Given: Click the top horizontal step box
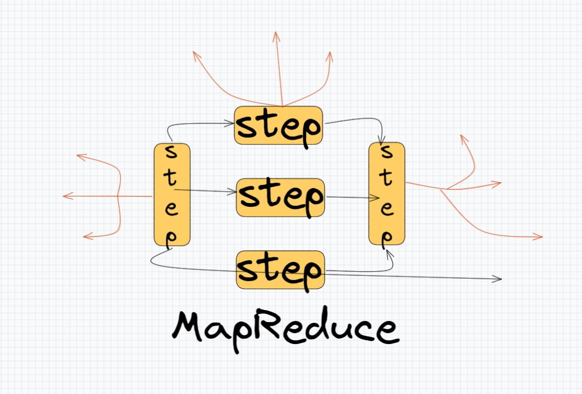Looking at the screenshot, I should click(x=278, y=126).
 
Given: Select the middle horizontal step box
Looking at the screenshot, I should click(x=280, y=197).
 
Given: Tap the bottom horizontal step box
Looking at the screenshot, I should click(x=280, y=269).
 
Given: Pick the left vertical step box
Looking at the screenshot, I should click(x=172, y=194).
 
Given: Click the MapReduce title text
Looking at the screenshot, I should click(x=284, y=328).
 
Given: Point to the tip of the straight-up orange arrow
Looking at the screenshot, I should click(x=276, y=32).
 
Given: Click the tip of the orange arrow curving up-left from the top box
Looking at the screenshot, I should click(x=194, y=52).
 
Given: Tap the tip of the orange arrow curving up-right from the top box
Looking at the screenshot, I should click(x=330, y=52).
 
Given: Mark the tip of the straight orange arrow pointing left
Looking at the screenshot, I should click(x=64, y=196).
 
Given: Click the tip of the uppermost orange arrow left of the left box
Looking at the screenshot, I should click(x=77, y=156).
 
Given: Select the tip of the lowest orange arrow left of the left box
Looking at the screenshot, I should click(x=84, y=237).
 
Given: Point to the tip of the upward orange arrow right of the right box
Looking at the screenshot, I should click(x=462, y=136).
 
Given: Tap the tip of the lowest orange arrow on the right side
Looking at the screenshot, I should click(x=542, y=237).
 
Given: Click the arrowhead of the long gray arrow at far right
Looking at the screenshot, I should click(x=501, y=279).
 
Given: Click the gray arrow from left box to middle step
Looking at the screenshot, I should click(x=208, y=191).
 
